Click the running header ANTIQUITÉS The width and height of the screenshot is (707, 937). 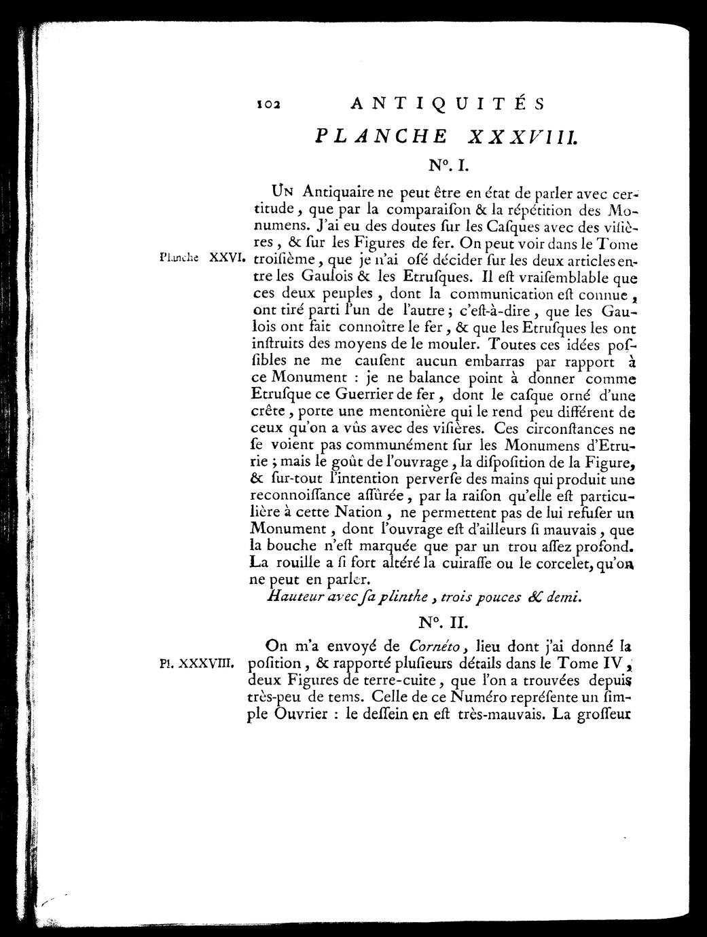pyautogui.click(x=446, y=105)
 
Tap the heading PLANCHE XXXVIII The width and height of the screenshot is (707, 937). pyautogui.click(x=446, y=135)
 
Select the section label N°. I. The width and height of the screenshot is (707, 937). pyautogui.click(x=446, y=164)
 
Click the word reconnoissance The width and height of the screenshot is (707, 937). pyautogui.click(x=304, y=496)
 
